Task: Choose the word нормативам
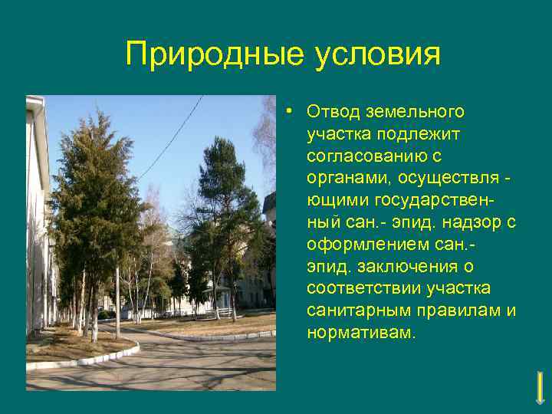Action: (x=359, y=333)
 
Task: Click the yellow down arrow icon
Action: (x=540, y=387)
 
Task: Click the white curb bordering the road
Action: (x=84, y=361)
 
